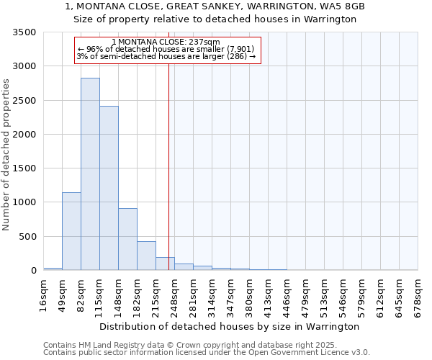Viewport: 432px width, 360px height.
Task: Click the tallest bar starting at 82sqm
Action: coord(90,174)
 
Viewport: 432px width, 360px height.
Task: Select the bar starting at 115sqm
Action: coord(109,188)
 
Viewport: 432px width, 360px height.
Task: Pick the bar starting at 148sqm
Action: coord(127,239)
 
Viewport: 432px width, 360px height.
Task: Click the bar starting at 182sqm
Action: coord(146,256)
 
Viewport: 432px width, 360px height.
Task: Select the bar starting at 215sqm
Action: coord(165,264)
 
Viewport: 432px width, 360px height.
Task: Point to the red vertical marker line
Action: coord(168,166)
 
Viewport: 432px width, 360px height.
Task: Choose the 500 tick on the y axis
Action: coord(29,236)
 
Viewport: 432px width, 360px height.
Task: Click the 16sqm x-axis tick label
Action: coord(44,294)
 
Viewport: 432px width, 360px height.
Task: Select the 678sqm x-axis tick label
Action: coord(418,294)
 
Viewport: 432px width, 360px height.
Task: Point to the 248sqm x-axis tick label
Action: coord(175,294)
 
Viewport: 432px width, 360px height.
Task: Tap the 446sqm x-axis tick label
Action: coord(287,294)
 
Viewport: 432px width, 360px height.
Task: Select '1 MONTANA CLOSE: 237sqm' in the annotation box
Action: coord(166,42)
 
